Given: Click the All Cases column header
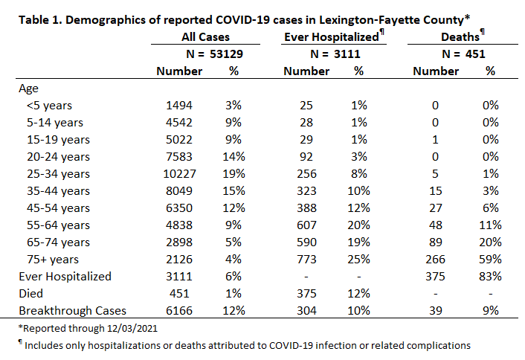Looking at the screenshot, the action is click(x=205, y=37).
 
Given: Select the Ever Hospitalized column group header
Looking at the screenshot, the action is click(x=332, y=37).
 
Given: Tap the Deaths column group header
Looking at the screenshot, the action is click(x=460, y=37).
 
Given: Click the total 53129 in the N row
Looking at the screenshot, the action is click(x=226, y=54).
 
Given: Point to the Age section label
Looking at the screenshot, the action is click(x=28, y=89).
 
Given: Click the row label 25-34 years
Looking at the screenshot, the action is click(x=58, y=174).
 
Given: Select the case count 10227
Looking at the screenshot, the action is click(x=179, y=174).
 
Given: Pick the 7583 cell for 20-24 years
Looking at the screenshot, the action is click(x=179, y=157).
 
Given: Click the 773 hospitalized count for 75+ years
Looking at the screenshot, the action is click(x=306, y=259).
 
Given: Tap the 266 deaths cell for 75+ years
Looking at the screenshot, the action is click(x=435, y=259).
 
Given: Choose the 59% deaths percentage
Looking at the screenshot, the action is click(x=490, y=259).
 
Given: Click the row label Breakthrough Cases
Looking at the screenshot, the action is click(x=72, y=310).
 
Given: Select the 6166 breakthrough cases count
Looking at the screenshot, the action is click(x=179, y=310).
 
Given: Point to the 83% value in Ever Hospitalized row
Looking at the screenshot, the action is click(x=490, y=276).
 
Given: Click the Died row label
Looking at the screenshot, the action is click(x=30, y=293).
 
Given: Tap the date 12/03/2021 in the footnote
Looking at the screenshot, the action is click(x=132, y=328).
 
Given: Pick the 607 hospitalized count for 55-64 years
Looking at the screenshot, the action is click(x=306, y=225).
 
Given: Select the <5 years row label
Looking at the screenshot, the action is click(x=49, y=106).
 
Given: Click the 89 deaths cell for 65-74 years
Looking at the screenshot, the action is click(x=435, y=242).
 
